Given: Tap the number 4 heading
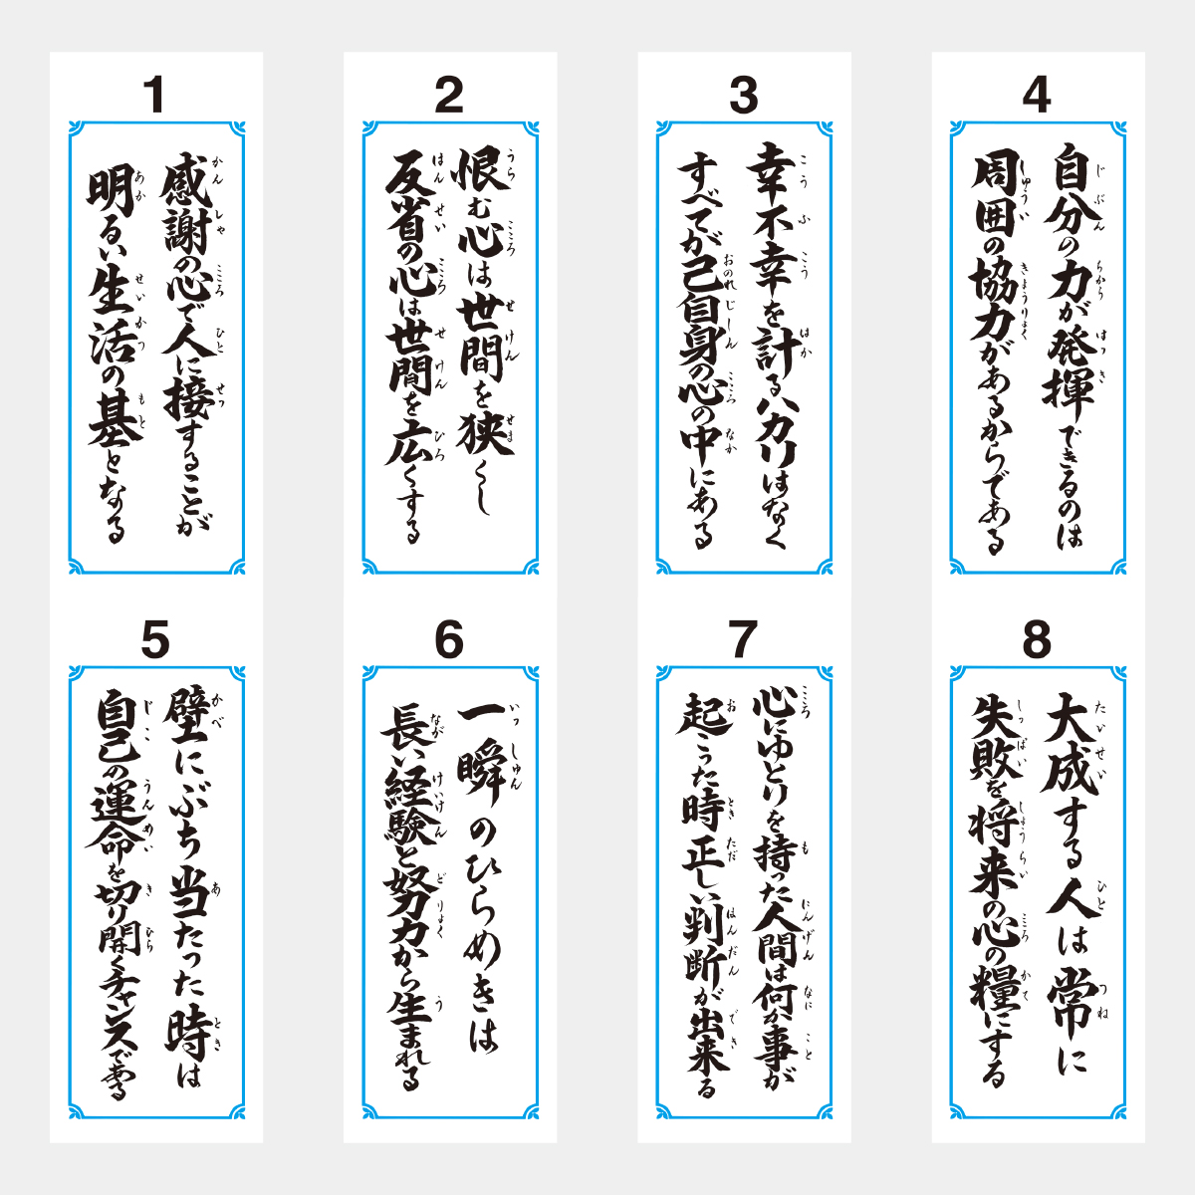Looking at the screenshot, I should coord(1037,96).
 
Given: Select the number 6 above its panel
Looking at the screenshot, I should coord(449,640).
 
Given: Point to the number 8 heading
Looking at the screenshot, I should coord(1037,640).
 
